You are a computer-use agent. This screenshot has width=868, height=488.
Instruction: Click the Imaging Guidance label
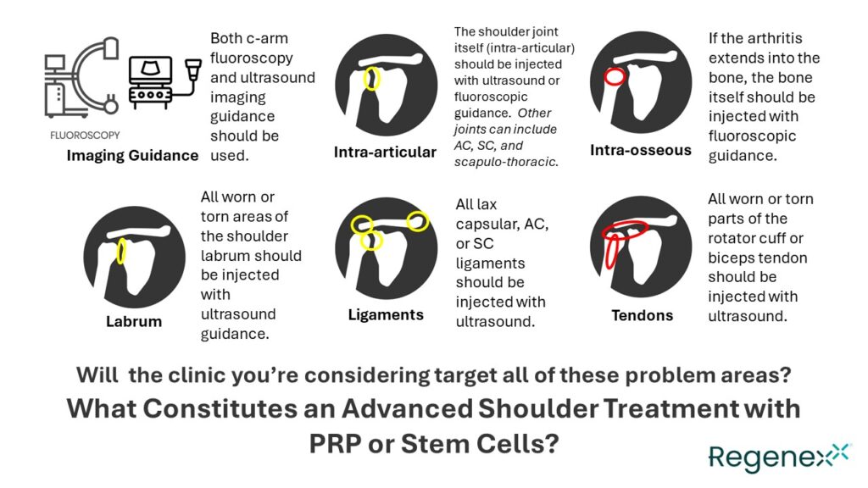(132, 155)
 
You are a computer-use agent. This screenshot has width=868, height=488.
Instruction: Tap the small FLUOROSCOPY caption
(85, 135)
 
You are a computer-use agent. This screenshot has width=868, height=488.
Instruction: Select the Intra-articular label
(385, 152)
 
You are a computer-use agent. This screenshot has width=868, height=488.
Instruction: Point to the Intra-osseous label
(641, 150)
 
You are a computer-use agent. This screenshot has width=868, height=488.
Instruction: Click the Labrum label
(134, 321)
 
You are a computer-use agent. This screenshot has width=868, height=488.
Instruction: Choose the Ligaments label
(386, 314)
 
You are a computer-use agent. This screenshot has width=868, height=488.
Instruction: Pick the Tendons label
(642, 315)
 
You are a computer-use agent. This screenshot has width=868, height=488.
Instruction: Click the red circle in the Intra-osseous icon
(615, 76)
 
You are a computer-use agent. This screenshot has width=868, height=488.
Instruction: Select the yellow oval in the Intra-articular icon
(371, 78)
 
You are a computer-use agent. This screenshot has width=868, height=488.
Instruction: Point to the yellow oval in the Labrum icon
(122, 251)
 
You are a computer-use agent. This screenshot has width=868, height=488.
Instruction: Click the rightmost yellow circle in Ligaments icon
(419, 221)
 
